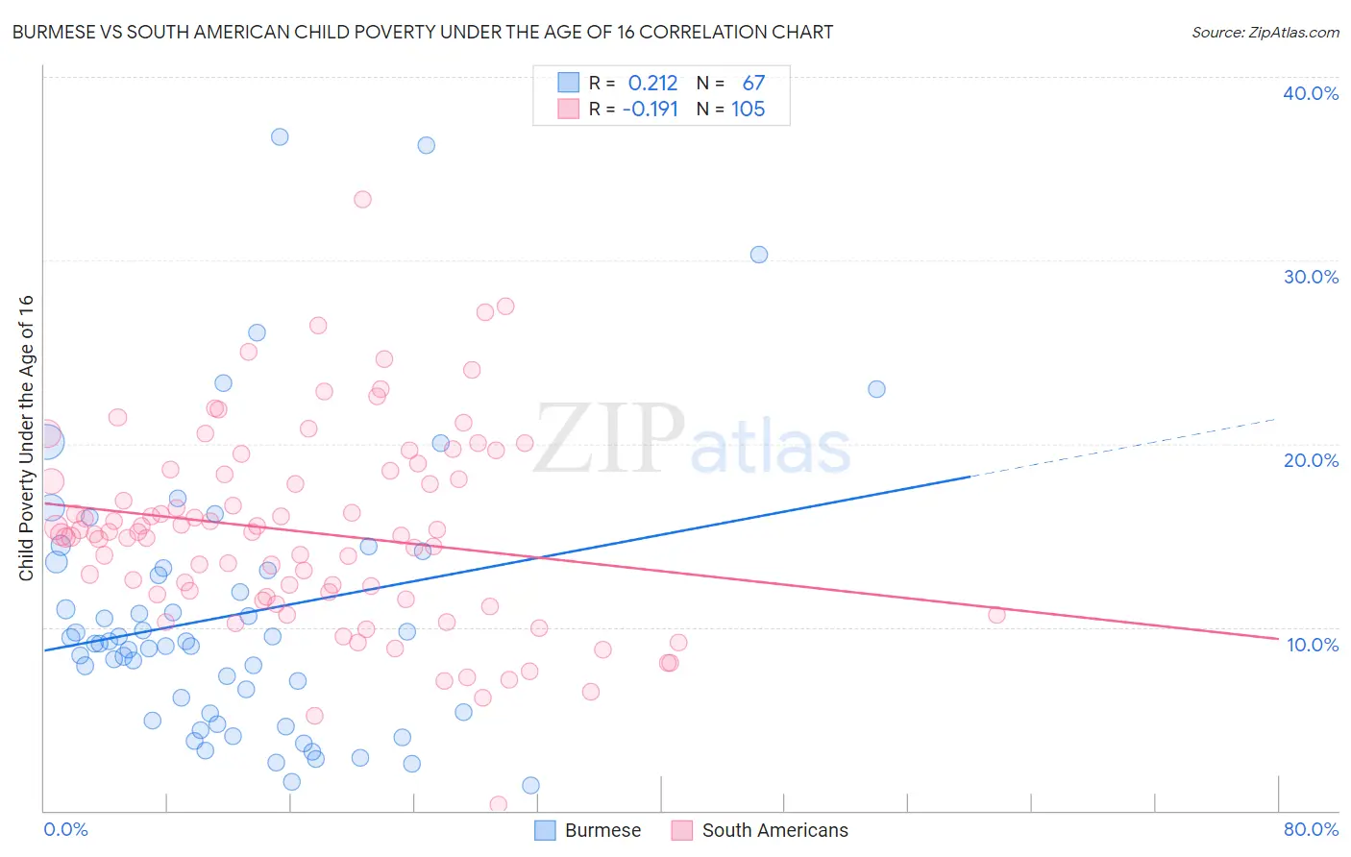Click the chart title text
[x=423, y=32]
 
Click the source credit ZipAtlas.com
[x=1265, y=33]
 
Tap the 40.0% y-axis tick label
[x=1310, y=93]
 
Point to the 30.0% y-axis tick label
[x=1310, y=277]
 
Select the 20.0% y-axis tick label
[x=1310, y=460]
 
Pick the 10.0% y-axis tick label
[x=1312, y=645]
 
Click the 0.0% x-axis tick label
[x=65, y=829]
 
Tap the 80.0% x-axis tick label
[x=1311, y=829]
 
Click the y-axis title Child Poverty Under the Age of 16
[x=26, y=437]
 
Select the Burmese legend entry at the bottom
[x=587, y=830]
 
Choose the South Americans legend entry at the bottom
[x=760, y=830]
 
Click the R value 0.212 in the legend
[x=652, y=83]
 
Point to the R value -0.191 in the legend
[x=651, y=109]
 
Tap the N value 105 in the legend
[x=748, y=109]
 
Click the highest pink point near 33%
[x=362, y=200]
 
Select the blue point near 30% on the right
[x=759, y=255]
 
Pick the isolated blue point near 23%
[x=876, y=389]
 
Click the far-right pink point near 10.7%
[x=996, y=615]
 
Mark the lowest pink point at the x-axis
[x=498, y=804]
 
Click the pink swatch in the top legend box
[x=569, y=109]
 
